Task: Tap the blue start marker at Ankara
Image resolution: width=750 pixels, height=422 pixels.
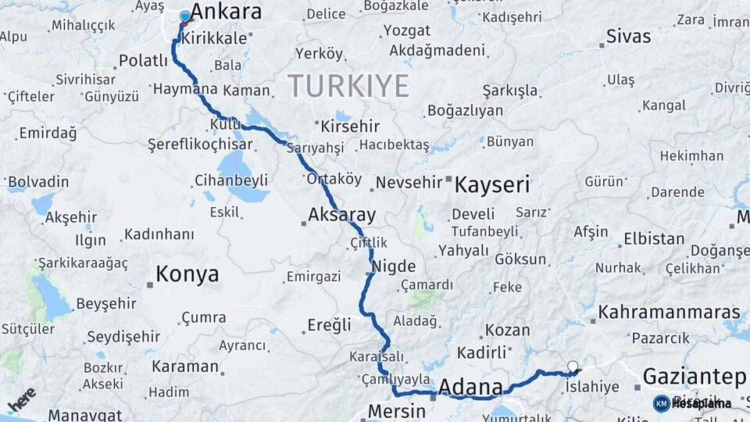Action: tap(185, 16)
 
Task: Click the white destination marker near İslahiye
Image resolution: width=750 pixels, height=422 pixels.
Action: tap(573, 366)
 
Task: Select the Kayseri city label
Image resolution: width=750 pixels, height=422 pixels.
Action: tap(492, 185)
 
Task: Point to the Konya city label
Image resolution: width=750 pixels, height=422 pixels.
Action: tap(187, 274)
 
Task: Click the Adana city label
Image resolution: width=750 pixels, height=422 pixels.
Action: tap(470, 387)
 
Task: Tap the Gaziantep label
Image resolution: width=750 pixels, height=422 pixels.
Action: tap(694, 377)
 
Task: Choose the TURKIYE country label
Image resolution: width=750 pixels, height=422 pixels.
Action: tap(348, 85)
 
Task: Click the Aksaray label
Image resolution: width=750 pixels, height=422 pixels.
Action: tap(342, 215)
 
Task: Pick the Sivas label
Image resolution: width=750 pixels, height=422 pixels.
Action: tap(628, 37)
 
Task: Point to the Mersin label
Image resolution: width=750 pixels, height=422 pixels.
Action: tap(396, 411)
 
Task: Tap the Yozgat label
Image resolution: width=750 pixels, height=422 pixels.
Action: tap(406, 31)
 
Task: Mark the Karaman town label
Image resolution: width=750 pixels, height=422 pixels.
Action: tap(184, 367)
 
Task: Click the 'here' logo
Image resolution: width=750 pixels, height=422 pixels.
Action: tap(22, 399)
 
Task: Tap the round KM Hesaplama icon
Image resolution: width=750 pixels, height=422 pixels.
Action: tap(661, 403)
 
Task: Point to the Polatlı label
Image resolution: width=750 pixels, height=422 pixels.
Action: tap(143, 61)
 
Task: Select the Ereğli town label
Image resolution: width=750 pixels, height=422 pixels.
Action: tap(329, 325)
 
